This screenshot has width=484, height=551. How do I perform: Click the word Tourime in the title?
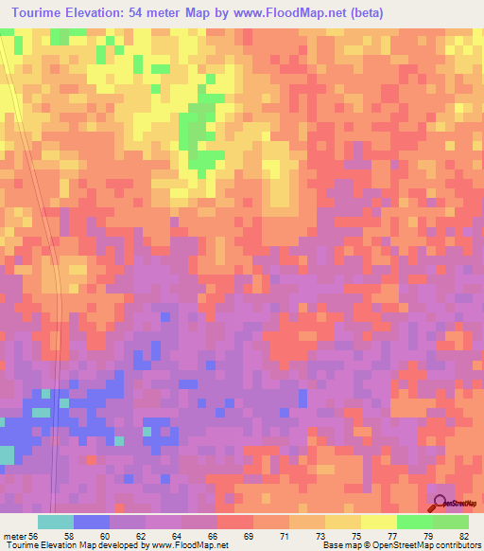click(43, 13)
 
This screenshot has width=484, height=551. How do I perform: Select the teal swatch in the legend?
click(56, 522)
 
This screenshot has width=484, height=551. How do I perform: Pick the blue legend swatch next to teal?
click(92, 522)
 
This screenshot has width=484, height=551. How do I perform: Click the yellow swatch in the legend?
click(379, 522)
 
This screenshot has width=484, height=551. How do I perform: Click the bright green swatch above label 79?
click(415, 522)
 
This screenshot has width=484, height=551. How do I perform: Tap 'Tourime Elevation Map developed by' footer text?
click(76, 545)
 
